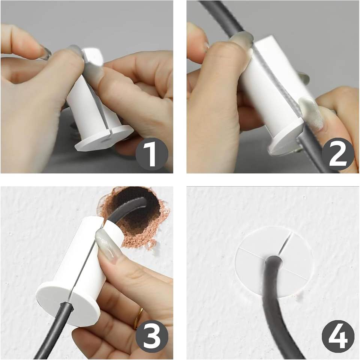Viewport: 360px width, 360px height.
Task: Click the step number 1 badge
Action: pyautogui.click(x=152, y=154)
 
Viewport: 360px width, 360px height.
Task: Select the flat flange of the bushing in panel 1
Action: pyautogui.click(x=105, y=139)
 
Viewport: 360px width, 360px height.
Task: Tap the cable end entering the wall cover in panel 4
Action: pyautogui.click(x=274, y=262)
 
